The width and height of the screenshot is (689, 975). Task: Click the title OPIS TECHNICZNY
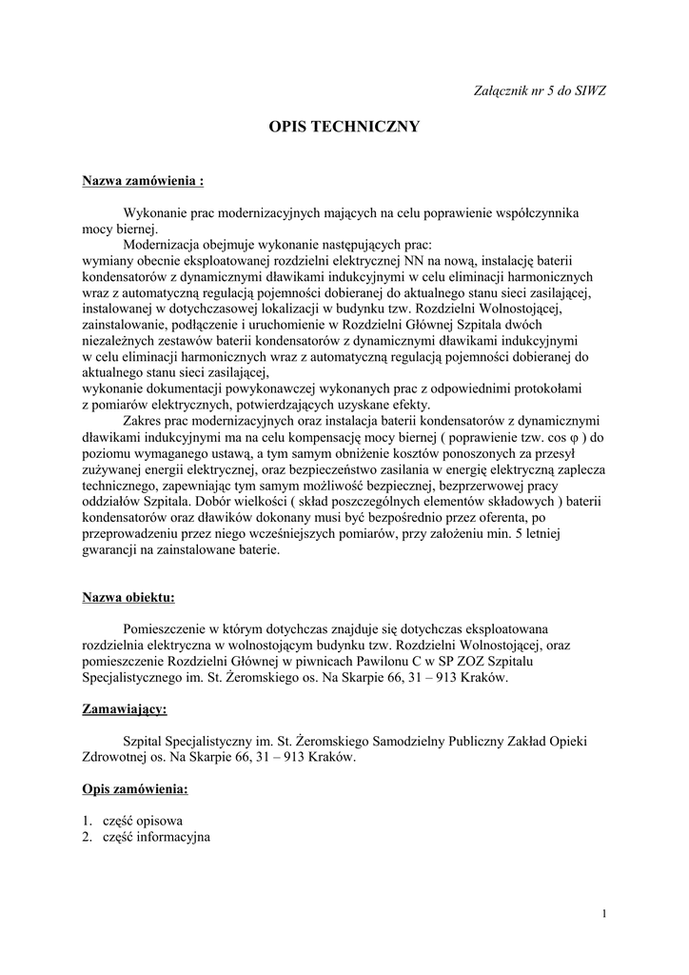click(344, 126)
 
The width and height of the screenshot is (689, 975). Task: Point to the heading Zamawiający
click(125, 709)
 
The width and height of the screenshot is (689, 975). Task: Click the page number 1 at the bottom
click(604, 914)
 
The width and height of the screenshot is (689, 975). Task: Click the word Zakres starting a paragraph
click(144, 423)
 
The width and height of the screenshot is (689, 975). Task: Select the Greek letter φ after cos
click(587, 438)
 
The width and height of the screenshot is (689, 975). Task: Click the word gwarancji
click(112, 549)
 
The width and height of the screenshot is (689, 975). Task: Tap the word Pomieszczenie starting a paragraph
click(166, 630)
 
